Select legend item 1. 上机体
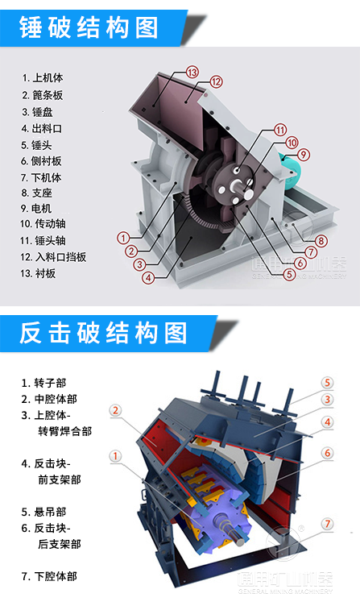(48, 78)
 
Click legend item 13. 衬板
(44, 273)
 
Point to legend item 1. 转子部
(48, 383)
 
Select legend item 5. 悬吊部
(48, 512)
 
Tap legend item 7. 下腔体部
(52, 576)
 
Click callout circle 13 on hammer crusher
(192, 73)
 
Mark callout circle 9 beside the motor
(303, 154)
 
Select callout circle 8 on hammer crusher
(321, 241)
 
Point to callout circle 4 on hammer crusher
(147, 278)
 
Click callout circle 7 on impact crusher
(326, 524)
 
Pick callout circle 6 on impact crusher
(327, 453)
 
